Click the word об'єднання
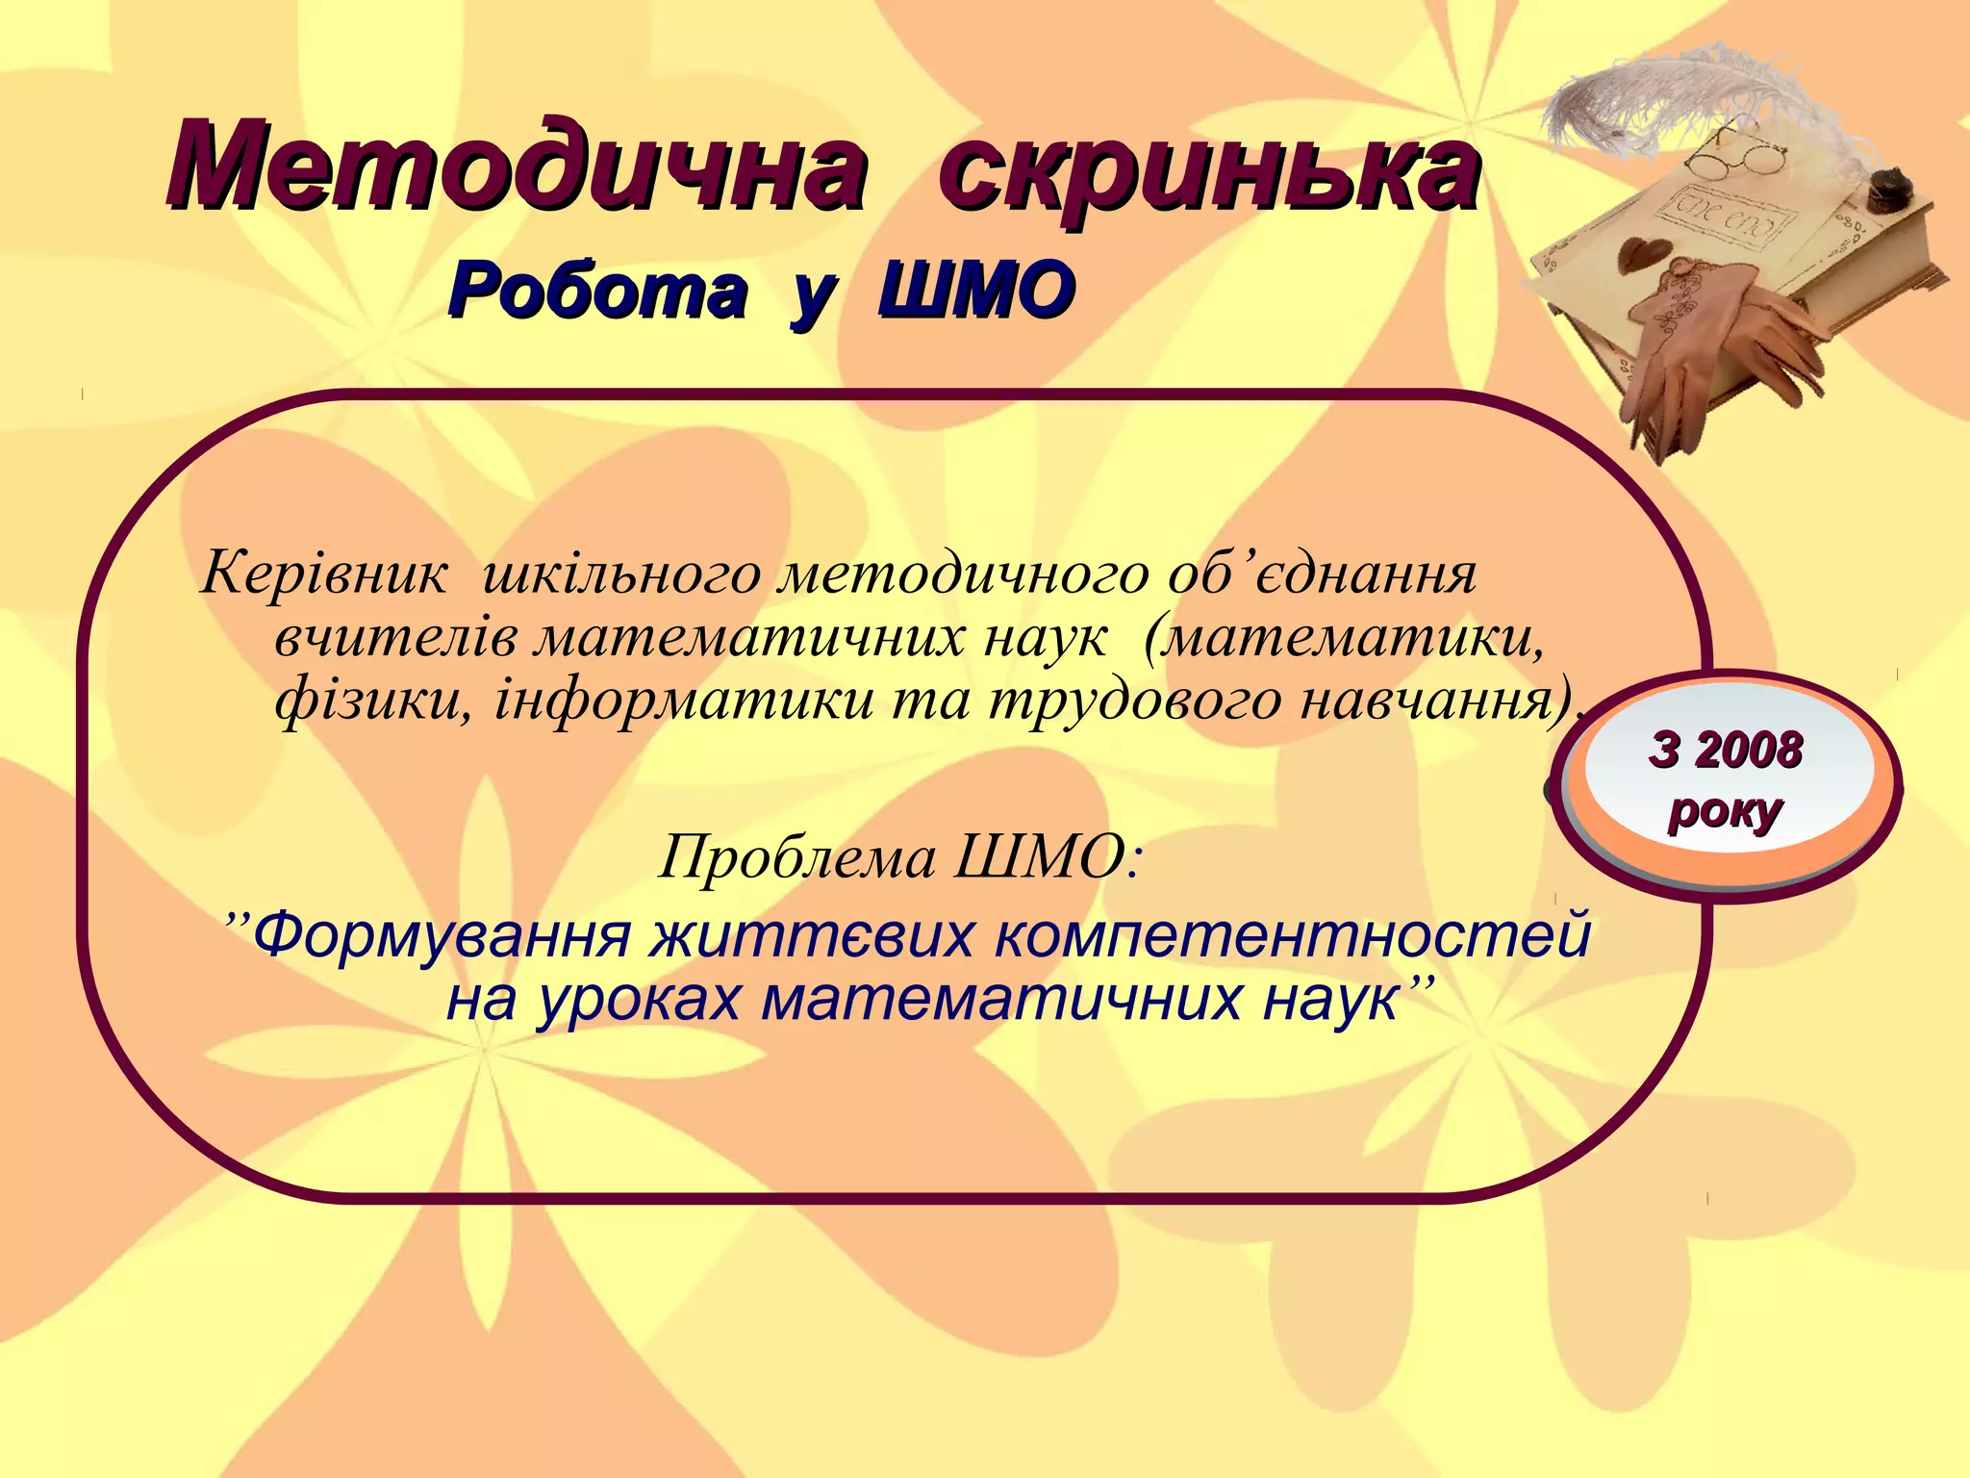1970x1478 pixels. click(1322, 574)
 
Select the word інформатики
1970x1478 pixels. click(684, 701)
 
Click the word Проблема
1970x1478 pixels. click(797, 856)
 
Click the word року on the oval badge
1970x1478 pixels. click(1724, 811)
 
